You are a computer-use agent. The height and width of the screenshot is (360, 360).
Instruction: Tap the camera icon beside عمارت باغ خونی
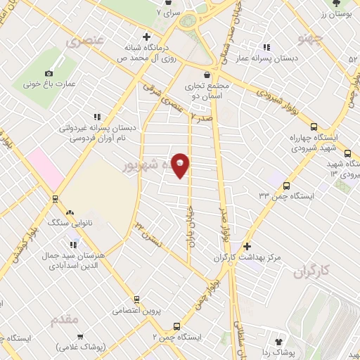pos(49,73)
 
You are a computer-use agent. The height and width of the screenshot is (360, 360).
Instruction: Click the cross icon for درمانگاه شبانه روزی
pos(146,37)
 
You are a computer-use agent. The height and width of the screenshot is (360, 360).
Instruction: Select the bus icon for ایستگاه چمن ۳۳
pos(285,186)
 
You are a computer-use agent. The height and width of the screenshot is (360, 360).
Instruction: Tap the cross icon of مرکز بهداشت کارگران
pos(246,247)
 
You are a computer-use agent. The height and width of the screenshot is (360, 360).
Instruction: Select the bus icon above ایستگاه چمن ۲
pos(176,326)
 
